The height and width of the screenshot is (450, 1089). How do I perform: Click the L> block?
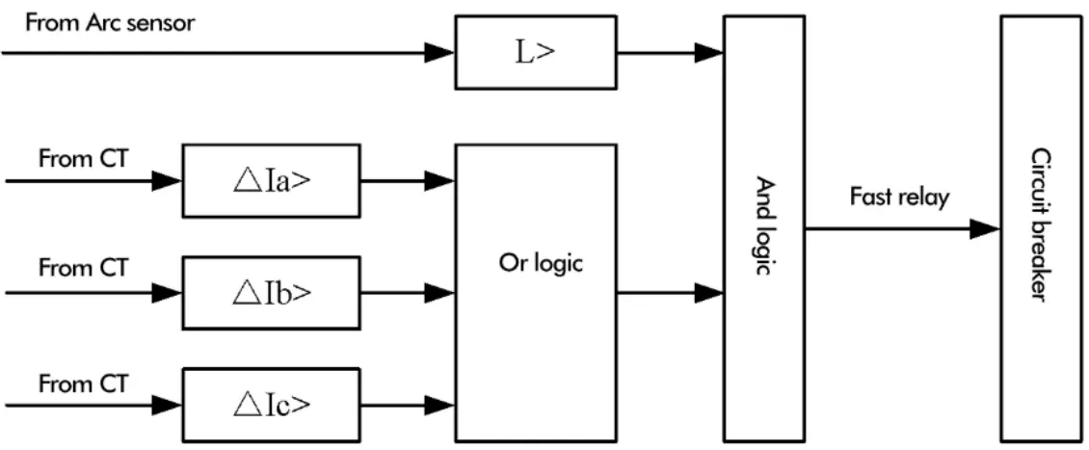535,52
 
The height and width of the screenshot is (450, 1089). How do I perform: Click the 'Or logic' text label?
541,262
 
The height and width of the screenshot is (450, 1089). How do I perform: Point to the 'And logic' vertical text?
764,226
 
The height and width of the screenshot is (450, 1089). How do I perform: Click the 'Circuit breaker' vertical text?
1039,225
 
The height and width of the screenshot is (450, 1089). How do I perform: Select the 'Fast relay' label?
899,198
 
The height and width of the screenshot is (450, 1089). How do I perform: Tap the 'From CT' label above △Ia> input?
83,159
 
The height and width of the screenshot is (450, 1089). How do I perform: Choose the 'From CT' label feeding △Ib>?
83,269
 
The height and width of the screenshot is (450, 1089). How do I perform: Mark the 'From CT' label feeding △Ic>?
83,384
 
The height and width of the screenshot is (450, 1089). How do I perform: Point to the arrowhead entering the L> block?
439,52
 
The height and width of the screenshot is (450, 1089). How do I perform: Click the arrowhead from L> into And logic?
709,52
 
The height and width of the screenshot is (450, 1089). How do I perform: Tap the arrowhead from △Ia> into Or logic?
439,179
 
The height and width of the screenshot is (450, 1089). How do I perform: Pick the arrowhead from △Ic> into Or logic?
439,402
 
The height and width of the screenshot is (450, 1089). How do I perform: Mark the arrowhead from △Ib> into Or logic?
439,291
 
